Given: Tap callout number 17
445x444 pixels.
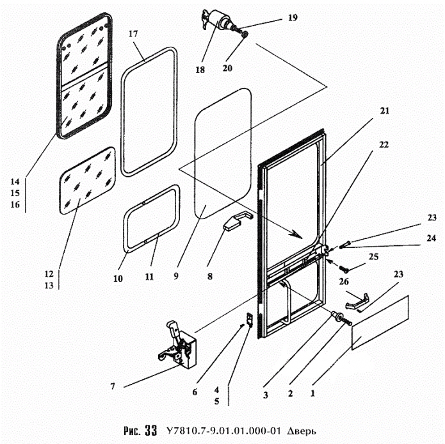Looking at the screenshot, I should [x=133, y=33].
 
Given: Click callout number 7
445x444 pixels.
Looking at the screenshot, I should [x=113, y=386].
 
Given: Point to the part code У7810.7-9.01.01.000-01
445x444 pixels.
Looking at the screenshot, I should [x=222, y=431].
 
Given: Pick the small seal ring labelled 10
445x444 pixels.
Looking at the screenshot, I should [x=151, y=221].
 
